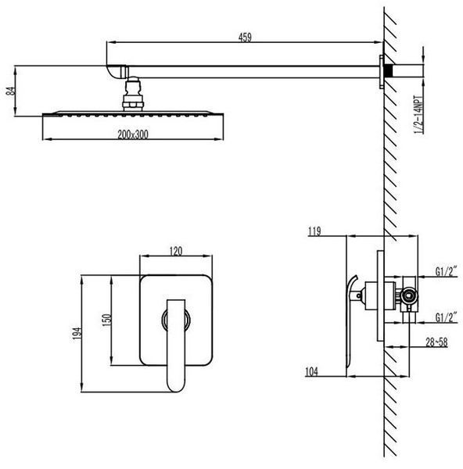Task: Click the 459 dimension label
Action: (245, 38)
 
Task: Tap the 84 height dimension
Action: (10, 91)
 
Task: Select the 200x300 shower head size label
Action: (133, 134)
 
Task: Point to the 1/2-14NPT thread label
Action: (419, 115)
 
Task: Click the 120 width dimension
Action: (176, 251)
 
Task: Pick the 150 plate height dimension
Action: (107, 320)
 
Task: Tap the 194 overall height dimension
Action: (77, 333)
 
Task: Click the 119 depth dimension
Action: (314, 231)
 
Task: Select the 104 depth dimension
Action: (311, 371)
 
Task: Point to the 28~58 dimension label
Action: (436, 342)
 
